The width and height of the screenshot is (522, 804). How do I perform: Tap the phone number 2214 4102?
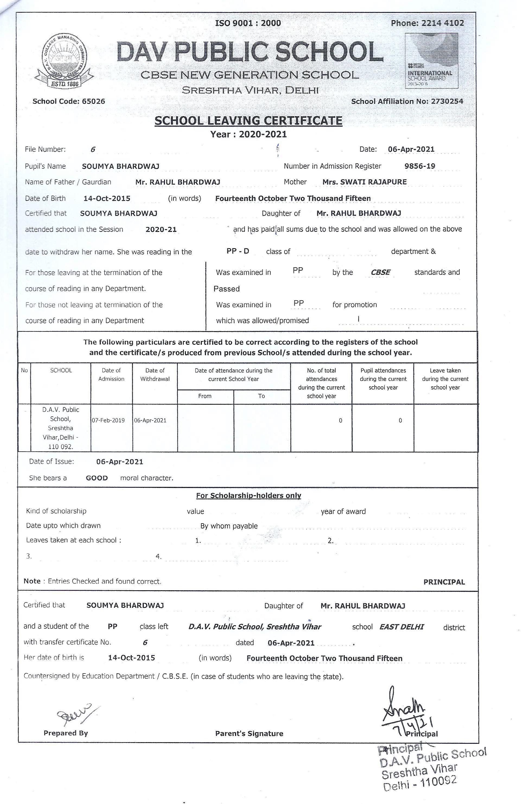click(x=442, y=23)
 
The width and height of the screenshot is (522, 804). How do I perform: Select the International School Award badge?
click(x=431, y=61)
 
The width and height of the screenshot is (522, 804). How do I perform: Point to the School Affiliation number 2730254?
click(x=447, y=101)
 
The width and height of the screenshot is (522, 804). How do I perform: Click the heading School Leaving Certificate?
click(x=248, y=121)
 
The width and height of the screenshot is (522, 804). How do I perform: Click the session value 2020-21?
click(x=161, y=230)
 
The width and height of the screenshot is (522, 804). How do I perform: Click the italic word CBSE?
click(x=380, y=272)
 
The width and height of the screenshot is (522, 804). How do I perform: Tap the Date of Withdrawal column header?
click(x=155, y=375)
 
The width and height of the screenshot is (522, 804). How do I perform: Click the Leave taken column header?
click(x=445, y=379)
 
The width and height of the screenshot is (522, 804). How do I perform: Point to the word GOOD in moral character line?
click(x=97, y=478)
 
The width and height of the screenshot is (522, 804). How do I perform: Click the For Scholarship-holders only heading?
click(x=248, y=496)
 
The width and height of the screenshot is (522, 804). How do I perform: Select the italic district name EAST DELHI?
click(x=401, y=627)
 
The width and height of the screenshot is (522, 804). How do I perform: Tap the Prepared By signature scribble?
click(x=74, y=715)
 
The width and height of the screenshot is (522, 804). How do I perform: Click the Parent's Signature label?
click(x=249, y=733)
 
